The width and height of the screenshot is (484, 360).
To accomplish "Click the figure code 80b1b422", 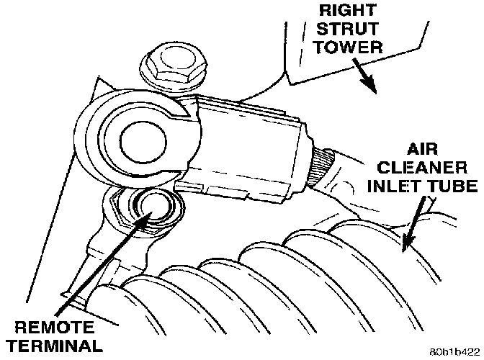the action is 452,353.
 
